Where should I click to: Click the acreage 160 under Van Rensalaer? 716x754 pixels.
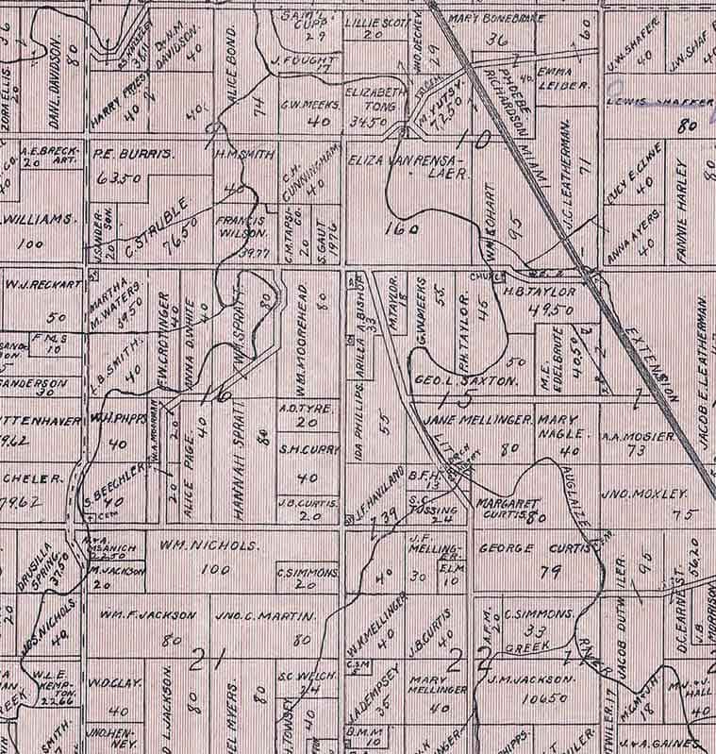(x=403, y=228)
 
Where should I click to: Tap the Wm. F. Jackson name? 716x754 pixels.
(x=147, y=616)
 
